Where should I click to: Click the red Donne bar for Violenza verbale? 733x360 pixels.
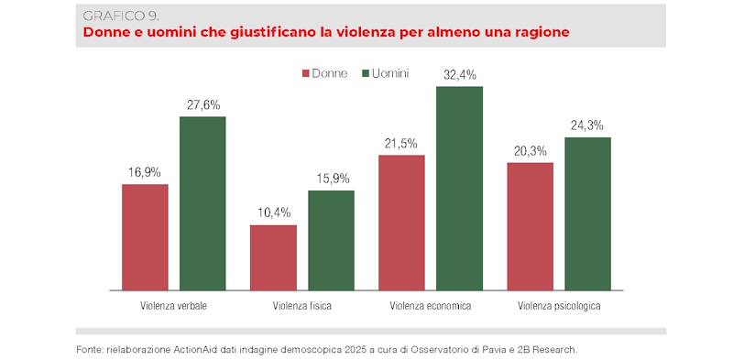(x=145, y=237)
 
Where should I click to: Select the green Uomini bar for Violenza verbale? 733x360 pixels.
(x=202, y=203)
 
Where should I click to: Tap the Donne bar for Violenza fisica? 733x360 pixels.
(x=273, y=257)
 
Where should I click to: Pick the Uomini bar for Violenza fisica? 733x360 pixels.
(x=331, y=240)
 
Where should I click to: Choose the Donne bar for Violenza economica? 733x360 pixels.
(x=401, y=223)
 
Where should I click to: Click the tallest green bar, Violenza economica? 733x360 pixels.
(x=459, y=189)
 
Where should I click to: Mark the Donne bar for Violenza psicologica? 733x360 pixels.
(x=531, y=226)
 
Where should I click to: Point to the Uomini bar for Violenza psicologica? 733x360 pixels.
(x=587, y=213)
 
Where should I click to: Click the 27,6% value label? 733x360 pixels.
(x=202, y=105)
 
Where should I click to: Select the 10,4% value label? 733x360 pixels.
(x=273, y=213)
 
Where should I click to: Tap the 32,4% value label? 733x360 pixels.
(x=459, y=75)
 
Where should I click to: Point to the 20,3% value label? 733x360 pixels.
(x=531, y=151)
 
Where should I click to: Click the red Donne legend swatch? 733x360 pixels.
(x=305, y=73)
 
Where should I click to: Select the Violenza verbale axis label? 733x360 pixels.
(x=173, y=306)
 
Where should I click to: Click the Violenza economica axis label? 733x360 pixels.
(x=431, y=306)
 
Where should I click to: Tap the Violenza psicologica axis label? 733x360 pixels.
(x=559, y=306)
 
